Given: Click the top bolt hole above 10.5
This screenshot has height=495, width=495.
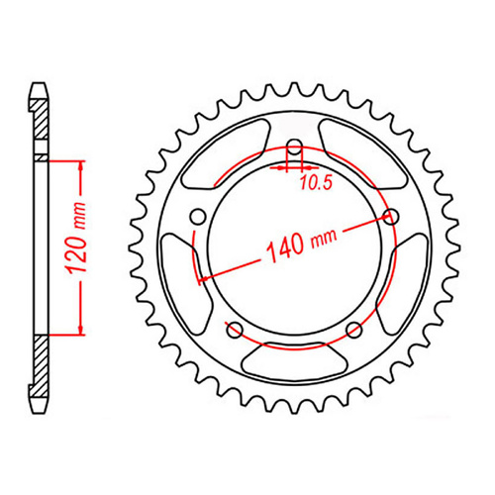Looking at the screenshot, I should (293, 149).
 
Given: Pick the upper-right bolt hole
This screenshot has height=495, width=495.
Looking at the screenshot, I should (392, 216).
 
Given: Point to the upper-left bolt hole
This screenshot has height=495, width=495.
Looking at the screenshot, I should (198, 217).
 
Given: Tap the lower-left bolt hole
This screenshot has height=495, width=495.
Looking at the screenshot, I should (235, 331).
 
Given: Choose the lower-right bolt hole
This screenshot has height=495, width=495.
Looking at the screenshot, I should (354, 331).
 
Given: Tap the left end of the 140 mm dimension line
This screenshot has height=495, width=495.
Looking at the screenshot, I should (201, 280).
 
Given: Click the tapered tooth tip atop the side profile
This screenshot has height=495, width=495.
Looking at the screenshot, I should (39, 87).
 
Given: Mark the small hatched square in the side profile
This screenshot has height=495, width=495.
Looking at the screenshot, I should (39, 158).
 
